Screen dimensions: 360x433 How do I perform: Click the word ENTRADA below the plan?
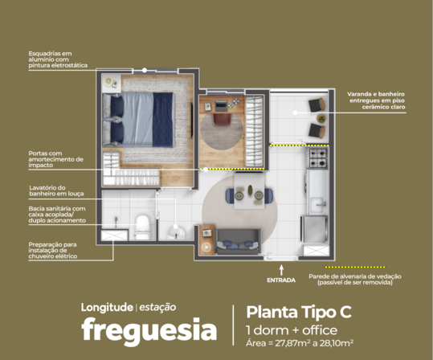pos(280,280)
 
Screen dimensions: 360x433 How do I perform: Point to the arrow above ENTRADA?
pos(280,268)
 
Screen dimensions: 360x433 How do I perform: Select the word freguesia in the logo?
pos(149,330)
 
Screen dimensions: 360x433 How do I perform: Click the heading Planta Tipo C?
pos(297,312)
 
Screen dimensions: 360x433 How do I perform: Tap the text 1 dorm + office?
pos(286,330)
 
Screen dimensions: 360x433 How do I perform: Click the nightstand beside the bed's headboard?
pos(112,83)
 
